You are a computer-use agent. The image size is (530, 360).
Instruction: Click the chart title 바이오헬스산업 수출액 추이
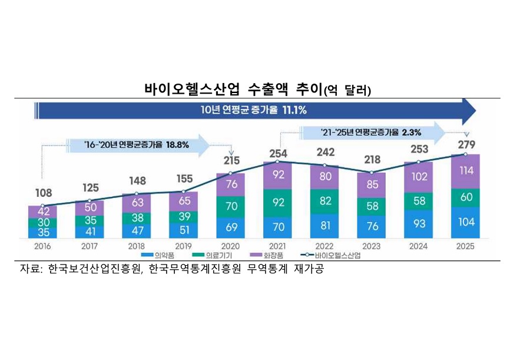click(x=233, y=90)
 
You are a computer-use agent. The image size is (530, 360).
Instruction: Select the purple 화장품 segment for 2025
click(x=465, y=171)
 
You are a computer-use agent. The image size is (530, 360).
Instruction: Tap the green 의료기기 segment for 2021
click(x=277, y=202)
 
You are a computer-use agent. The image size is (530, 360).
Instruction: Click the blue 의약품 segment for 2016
click(x=42, y=233)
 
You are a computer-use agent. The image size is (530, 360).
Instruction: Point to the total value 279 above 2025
click(x=465, y=144)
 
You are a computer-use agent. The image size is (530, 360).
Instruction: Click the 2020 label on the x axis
click(x=230, y=246)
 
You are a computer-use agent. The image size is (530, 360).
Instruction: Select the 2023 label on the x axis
click(x=371, y=246)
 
